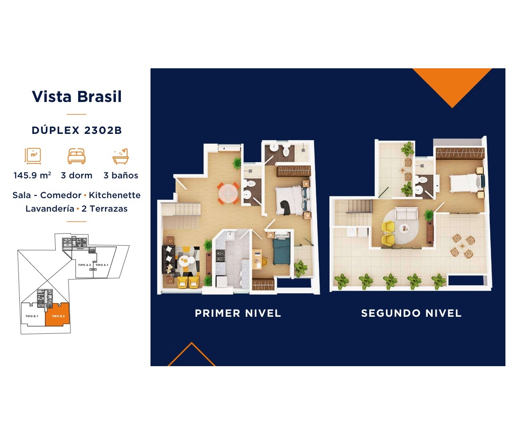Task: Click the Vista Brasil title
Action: click(x=77, y=97)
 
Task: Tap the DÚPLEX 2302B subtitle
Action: click(x=77, y=130)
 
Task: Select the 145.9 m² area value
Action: click(x=32, y=175)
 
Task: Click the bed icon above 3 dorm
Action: click(x=77, y=156)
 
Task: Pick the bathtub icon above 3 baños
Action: click(x=121, y=156)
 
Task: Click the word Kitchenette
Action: click(x=115, y=195)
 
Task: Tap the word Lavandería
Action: click(x=50, y=208)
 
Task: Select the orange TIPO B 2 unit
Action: click(x=59, y=316)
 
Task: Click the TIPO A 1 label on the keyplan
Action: click(x=102, y=265)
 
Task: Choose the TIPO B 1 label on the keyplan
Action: click(x=32, y=316)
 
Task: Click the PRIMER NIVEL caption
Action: click(x=238, y=313)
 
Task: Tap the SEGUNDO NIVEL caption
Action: click(x=411, y=313)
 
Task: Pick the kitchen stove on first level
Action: click(x=221, y=256)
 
